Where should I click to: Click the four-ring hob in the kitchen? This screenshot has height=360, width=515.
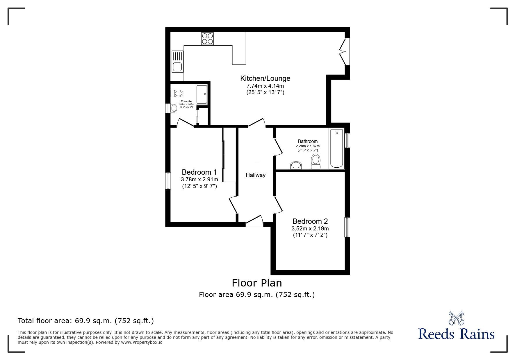pyautogui.click(x=207, y=39)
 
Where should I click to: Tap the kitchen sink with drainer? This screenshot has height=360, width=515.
pyautogui.click(x=177, y=62)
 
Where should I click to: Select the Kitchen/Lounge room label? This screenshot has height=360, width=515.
pyautogui.click(x=265, y=78)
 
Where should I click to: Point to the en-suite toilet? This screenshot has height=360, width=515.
pyautogui.click(x=177, y=93)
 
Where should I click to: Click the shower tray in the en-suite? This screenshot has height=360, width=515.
pyautogui.click(x=202, y=94)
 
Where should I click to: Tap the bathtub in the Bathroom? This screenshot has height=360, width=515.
pyautogui.click(x=336, y=148)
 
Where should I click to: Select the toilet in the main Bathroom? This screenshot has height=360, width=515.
pyautogui.click(x=316, y=162)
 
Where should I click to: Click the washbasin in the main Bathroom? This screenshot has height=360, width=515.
pyautogui.click(x=296, y=165)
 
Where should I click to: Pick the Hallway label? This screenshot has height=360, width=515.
pyautogui.click(x=256, y=175)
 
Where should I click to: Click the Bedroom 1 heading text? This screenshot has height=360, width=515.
pyautogui.click(x=199, y=172)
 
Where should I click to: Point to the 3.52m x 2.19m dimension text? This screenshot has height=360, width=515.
pyautogui.click(x=310, y=229)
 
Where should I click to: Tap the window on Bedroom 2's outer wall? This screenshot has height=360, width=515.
pyautogui.click(x=347, y=227)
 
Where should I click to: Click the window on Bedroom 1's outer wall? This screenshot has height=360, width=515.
pyautogui.click(x=168, y=181)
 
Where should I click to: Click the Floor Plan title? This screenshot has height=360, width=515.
pyautogui.click(x=257, y=283)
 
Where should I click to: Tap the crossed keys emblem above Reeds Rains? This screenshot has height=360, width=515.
pyautogui.click(x=456, y=318)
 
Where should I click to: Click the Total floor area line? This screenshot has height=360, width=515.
pyautogui.click(x=86, y=321)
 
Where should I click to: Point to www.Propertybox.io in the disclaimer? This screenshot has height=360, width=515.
pyautogui.click(x=142, y=342)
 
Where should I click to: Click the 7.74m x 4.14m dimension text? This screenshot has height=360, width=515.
pyautogui.click(x=265, y=86)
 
